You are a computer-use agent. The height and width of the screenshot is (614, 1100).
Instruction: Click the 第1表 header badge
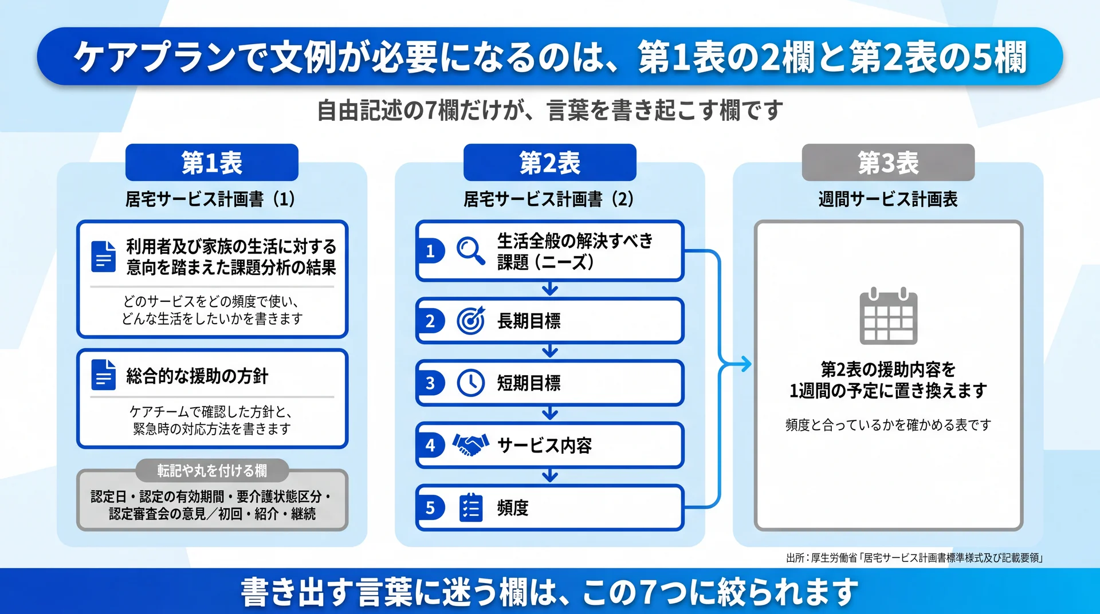(212, 162)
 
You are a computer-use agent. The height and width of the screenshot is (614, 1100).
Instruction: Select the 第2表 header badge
(550, 162)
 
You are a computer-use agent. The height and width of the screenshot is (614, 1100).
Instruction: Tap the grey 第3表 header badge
(888, 162)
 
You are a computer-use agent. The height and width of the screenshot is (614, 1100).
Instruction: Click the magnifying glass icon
(470, 251)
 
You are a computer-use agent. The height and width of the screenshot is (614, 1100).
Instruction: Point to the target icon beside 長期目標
(470, 321)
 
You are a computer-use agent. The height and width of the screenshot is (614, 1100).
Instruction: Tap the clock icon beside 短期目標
(470, 383)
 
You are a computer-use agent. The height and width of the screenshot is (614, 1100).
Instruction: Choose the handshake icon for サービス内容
(470, 445)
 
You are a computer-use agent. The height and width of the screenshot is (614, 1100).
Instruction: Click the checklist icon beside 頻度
(470, 507)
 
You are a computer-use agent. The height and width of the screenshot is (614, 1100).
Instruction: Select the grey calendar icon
(889, 316)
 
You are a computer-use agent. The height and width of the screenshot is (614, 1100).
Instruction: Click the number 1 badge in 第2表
(430, 251)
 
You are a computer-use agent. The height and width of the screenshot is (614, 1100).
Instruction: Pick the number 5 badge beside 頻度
(430, 507)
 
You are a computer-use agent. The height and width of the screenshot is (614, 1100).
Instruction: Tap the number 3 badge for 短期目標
(430, 383)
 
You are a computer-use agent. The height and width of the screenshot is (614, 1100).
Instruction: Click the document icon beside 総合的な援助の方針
(103, 375)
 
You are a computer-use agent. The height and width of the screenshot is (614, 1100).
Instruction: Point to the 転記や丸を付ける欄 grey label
(212, 470)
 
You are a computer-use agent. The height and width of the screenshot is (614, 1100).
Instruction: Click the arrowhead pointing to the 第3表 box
(745, 364)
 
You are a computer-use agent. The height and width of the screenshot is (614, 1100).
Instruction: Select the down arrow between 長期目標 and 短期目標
(550, 351)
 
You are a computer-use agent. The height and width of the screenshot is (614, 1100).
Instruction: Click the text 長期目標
(529, 321)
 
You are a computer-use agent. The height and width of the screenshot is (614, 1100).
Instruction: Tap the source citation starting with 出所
(914, 558)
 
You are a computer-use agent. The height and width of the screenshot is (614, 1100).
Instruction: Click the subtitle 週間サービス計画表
(888, 199)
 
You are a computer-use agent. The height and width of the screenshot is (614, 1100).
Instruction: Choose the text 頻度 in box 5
(513, 507)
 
